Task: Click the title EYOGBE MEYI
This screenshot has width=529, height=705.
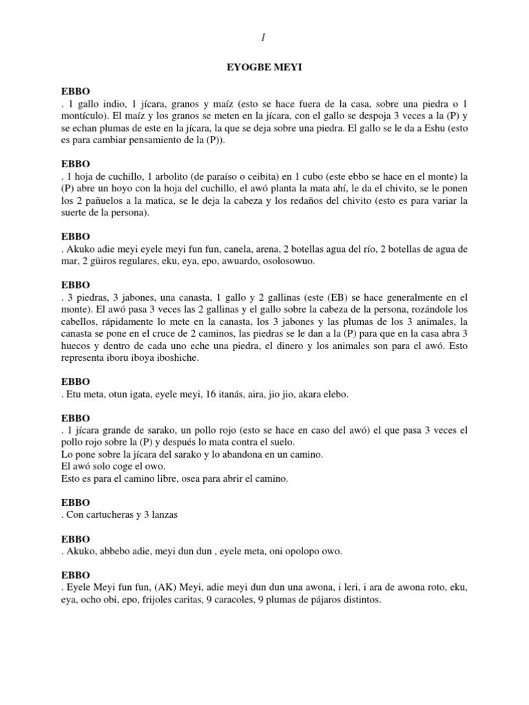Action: click(x=265, y=69)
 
